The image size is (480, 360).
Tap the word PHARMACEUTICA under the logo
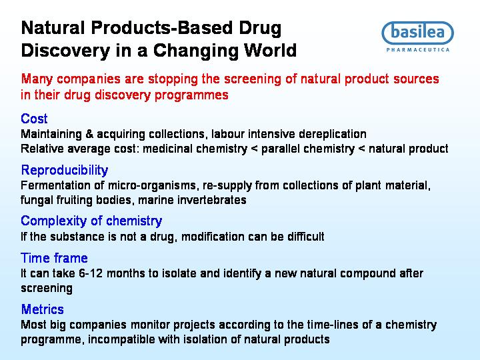point(418,50)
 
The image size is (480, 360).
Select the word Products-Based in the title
point(161,28)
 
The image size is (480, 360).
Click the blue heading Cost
point(34,119)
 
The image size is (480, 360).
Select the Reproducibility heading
point(65,170)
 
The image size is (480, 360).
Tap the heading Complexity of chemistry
point(91,221)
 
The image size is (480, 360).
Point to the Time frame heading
point(54,258)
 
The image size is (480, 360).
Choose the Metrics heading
point(42,309)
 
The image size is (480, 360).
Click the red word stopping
point(173,79)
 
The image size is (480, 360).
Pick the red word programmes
point(191,95)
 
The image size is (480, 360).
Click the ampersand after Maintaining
point(89,134)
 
